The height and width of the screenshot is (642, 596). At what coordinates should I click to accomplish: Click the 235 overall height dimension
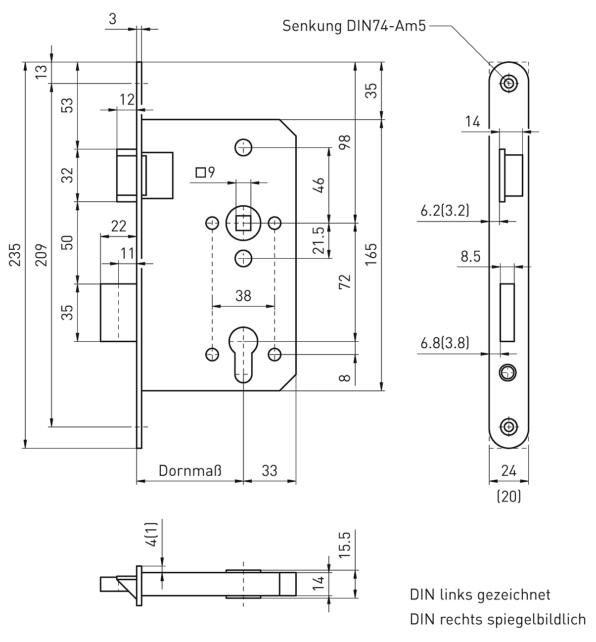[x=16, y=254]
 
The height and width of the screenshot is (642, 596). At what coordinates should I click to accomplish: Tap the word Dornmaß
[x=190, y=470]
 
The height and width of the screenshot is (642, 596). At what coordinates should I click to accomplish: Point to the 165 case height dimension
[x=372, y=254]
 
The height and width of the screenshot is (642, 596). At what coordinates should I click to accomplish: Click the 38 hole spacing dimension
[x=243, y=296]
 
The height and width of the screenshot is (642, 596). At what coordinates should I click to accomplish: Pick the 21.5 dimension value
[x=319, y=240]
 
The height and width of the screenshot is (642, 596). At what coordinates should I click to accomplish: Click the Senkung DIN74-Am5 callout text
[x=354, y=26]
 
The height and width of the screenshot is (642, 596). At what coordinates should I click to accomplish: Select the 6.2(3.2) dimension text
[x=445, y=211]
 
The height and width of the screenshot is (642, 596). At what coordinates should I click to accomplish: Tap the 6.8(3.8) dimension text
[x=445, y=343]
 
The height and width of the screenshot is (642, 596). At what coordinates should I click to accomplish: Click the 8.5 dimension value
[x=470, y=256]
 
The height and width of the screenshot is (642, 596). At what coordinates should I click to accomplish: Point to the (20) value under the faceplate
[x=508, y=496]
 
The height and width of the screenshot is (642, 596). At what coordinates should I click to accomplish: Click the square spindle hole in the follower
[x=242, y=223]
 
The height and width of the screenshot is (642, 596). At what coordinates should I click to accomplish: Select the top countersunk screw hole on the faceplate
[x=508, y=83]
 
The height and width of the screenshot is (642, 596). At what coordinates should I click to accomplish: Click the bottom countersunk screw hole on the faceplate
[x=508, y=426]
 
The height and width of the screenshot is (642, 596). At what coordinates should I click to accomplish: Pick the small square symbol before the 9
[x=200, y=173]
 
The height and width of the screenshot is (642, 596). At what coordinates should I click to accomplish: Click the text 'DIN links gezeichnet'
[x=480, y=595]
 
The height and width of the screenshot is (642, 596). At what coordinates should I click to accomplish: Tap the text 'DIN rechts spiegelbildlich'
[x=498, y=619]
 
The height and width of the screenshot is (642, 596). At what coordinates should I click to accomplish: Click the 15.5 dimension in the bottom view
[x=345, y=544]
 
